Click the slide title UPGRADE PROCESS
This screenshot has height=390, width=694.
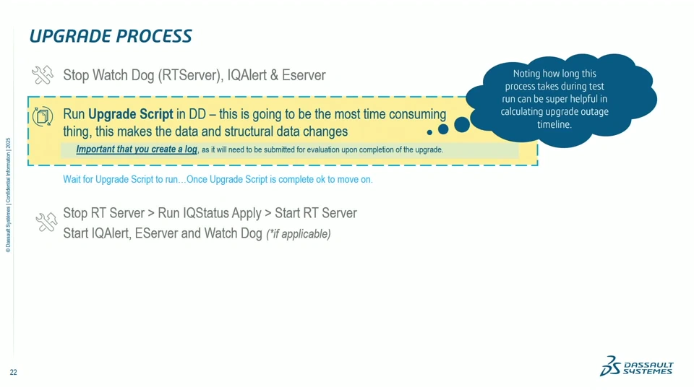coord(111,36)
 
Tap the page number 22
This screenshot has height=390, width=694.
coord(13,373)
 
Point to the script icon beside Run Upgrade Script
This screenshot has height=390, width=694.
coord(43,116)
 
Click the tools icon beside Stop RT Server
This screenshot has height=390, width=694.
coord(46,222)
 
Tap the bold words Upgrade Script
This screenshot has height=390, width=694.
coord(130,114)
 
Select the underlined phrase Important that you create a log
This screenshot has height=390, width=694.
coord(137,149)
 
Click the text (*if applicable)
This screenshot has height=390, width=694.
coord(299,234)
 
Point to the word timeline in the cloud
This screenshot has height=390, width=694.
coord(554,124)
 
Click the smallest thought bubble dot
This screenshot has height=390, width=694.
coord(429,133)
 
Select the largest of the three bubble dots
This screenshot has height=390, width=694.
coord(462,124)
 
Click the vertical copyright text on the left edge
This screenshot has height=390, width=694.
coord(8,195)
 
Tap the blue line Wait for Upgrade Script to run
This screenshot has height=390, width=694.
coord(218,179)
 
